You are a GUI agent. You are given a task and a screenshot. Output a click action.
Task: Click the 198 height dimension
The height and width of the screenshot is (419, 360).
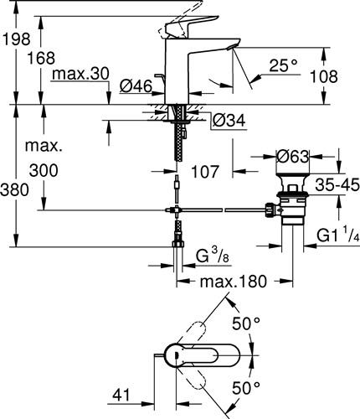(x=16, y=39)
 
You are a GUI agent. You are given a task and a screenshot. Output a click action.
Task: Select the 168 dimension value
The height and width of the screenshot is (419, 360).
(x=41, y=58)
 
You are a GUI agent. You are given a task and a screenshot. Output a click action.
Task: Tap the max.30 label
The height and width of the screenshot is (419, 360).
(x=80, y=74)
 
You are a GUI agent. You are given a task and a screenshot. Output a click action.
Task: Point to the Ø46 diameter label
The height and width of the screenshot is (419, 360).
(x=136, y=86)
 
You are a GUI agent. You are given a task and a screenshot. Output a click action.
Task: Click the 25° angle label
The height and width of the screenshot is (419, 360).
(x=283, y=66)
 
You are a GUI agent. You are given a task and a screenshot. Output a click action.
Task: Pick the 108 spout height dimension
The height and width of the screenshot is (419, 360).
(x=324, y=76)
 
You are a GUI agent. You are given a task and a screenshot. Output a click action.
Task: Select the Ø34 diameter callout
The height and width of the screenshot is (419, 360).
(x=229, y=121)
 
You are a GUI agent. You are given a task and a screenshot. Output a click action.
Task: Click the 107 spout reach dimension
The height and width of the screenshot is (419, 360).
(x=204, y=172)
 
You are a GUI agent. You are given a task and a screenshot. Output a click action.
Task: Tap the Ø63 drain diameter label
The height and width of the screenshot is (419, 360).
(x=293, y=157)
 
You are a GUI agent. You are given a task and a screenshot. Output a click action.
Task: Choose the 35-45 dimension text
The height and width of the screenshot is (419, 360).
(x=337, y=185)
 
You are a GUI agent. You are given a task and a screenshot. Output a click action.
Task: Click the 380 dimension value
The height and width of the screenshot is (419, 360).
(x=14, y=190)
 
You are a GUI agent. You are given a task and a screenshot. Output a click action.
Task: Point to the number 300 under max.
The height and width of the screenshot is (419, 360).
(x=44, y=170)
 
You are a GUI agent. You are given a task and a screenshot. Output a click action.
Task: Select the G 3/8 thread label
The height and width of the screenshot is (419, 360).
(x=212, y=256)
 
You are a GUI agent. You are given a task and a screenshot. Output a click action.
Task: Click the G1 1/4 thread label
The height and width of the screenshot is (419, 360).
(x=338, y=236)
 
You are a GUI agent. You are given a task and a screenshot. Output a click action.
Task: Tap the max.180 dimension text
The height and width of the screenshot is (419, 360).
(x=234, y=282)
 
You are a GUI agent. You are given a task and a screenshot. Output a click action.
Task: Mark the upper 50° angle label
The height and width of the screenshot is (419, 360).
(x=246, y=323)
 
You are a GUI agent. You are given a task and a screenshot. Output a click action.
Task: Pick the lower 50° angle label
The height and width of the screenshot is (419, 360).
(x=246, y=388)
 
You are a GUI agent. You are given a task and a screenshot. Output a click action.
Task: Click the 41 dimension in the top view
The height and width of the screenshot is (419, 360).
(x=121, y=396)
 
